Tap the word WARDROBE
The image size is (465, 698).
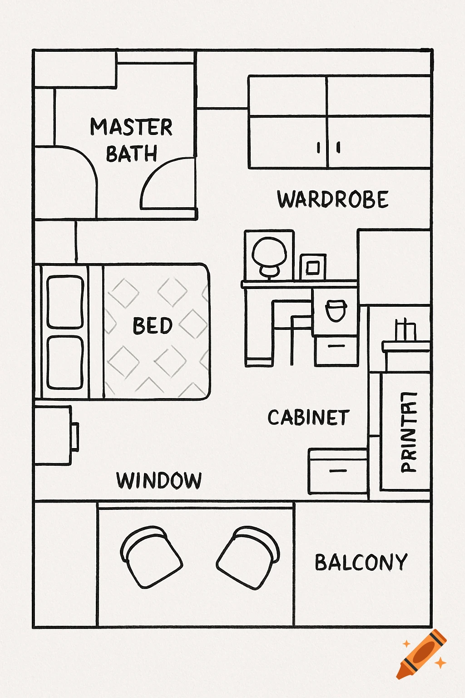tap(333, 199)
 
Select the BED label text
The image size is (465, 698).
tap(153, 326)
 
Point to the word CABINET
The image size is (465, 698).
tap(308, 418)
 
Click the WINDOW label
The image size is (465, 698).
tap(159, 481)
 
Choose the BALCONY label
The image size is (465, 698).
tap(361, 563)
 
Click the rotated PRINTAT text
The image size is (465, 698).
tap(408, 432)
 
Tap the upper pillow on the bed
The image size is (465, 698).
tap(65, 302)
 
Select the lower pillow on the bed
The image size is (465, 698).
tap(65, 362)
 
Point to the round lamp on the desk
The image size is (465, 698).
tap(269, 254)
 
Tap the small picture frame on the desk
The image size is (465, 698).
tap(313, 267)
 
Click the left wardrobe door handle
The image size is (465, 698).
tap(319, 147)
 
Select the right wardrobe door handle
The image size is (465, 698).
tap(338, 147)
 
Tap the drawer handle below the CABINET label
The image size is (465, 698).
tap(338, 471)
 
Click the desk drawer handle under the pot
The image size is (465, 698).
tap(336, 346)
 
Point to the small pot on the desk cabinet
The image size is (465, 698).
tap(336, 310)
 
